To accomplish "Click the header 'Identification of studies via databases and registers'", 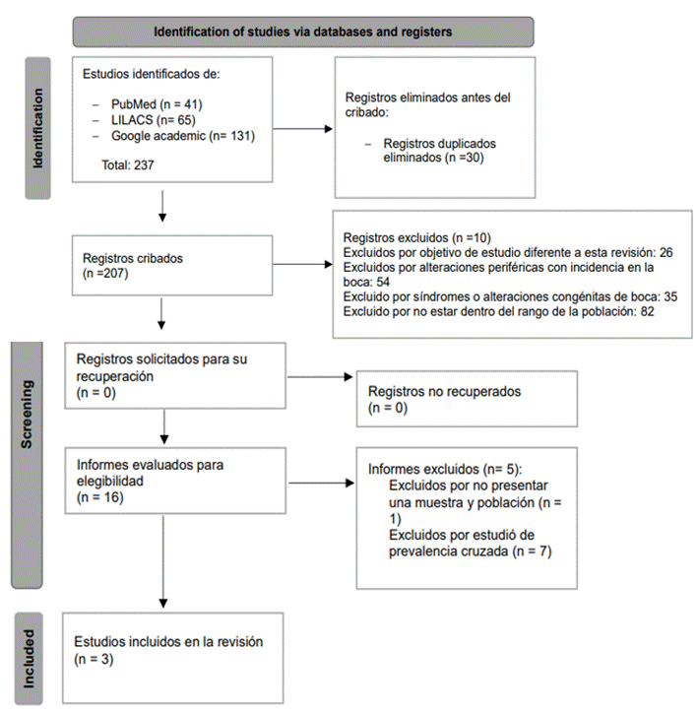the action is tap(302, 32).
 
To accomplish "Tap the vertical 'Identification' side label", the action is tap(37, 128).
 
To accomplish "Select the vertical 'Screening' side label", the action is tap(27, 415).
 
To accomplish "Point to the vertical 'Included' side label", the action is tap(29, 659).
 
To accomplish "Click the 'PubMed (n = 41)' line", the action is tap(157, 104).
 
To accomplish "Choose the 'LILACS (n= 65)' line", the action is tap(154, 120).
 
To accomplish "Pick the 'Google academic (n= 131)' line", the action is tap(183, 136).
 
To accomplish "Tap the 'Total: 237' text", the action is tap(128, 165).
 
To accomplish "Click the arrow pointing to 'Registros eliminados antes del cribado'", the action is tap(302, 129).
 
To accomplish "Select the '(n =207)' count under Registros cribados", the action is tap(105, 274).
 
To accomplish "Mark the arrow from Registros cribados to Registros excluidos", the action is tap(302, 264).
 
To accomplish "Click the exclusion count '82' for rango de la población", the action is tap(647, 311).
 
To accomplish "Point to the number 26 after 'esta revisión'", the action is tap(666, 252).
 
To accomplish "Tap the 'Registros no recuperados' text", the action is tap(444, 392).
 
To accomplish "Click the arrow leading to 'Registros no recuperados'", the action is tap(320, 377).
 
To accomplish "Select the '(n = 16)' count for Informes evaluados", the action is tap(100, 497).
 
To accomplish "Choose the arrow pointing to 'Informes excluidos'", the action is tap(322, 483).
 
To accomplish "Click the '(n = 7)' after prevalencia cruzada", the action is tap(533, 551).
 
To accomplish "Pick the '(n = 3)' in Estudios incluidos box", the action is tap(94, 659).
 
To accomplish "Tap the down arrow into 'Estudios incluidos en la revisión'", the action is tap(163, 561).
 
